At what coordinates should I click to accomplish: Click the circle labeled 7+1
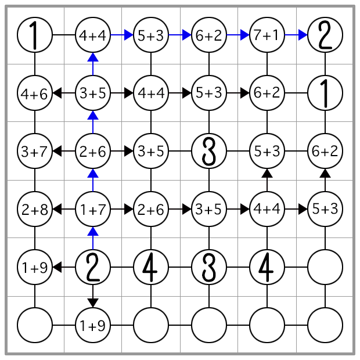(x=267, y=35)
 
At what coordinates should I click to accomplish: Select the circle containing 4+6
(x=35, y=93)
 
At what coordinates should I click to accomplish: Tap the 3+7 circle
(x=35, y=151)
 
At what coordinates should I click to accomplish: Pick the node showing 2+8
(x=35, y=209)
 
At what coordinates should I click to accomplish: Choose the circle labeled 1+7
(x=93, y=209)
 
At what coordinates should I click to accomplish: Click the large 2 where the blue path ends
(x=325, y=35)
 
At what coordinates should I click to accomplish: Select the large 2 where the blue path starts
(x=93, y=267)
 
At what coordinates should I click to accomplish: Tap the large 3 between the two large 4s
(x=209, y=267)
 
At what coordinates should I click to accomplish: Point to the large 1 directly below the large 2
(x=325, y=93)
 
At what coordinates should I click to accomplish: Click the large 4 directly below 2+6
(x=151, y=267)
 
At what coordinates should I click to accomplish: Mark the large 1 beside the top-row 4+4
(x=35, y=35)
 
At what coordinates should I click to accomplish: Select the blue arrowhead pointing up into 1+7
(x=93, y=232)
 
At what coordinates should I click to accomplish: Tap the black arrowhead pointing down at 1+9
(x=93, y=302)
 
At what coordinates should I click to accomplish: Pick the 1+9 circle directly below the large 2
(x=93, y=325)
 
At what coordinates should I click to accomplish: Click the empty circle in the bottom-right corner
(x=325, y=325)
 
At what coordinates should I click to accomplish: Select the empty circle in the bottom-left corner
(x=35, y=325)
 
